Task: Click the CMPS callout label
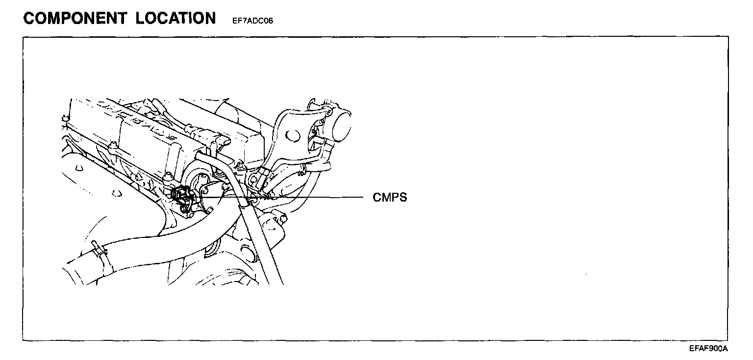[x=390, y=198]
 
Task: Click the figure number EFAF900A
[x=708, y=349]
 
